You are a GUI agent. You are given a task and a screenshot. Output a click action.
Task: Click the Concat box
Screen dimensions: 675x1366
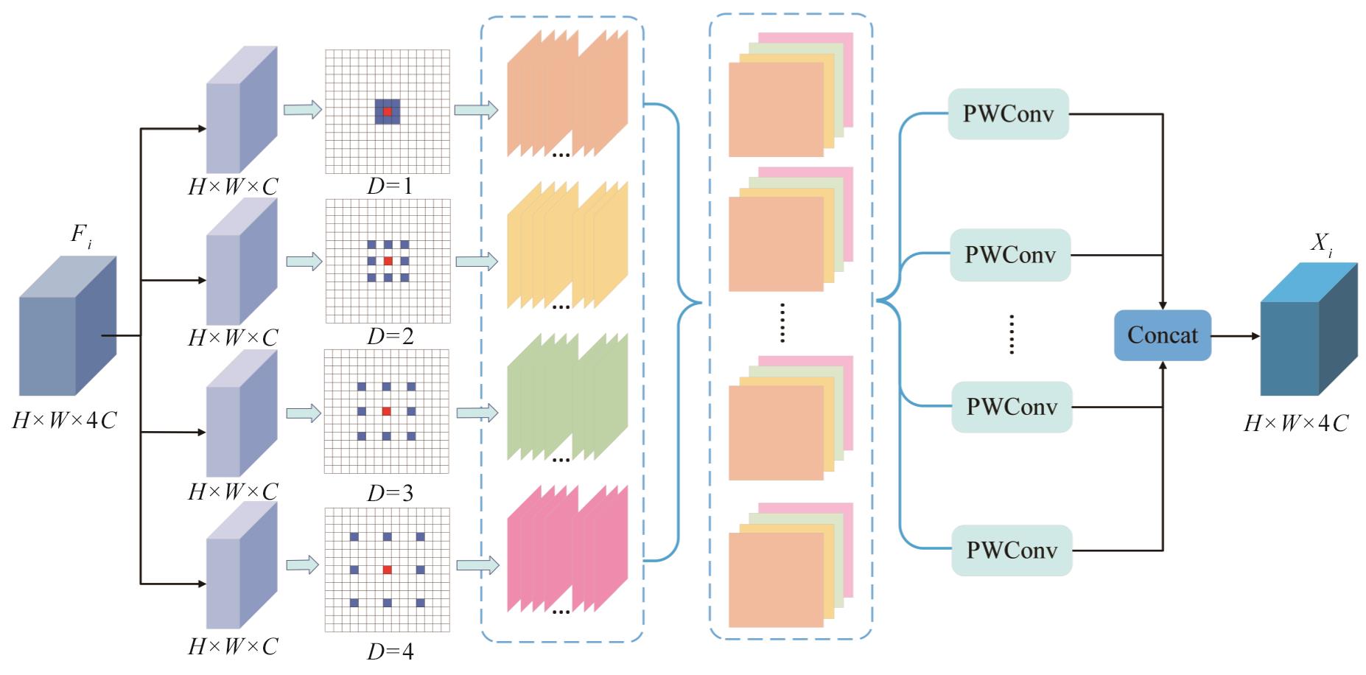coord(1162,335)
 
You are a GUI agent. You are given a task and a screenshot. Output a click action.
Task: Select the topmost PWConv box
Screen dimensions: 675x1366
coord(1008,114)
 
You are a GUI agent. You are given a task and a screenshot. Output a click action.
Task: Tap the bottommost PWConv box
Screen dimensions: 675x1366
coord(1012,550)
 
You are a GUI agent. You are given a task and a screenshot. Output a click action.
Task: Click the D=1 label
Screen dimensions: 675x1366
coord(390,186)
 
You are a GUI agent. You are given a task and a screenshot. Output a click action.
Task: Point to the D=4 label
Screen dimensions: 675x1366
coord(390,651)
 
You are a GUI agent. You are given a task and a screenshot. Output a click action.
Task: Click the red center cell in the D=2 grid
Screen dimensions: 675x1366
coord(388,261)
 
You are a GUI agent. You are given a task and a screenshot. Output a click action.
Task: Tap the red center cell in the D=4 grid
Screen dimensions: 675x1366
coord(387,570)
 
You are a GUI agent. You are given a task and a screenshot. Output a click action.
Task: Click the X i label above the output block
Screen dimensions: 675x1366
coord(1321,242)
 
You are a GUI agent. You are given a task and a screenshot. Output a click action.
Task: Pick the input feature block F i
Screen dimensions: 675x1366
coord(66,328)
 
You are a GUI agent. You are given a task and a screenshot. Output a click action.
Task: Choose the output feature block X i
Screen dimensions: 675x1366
coord(1308,332)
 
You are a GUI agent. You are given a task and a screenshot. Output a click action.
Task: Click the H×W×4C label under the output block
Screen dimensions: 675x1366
coord(1296,423)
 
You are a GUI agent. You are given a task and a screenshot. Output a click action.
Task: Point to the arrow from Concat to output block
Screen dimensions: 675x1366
coord(1235,336)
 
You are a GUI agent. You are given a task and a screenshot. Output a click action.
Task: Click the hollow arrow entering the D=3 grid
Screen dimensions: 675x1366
coord(304,413)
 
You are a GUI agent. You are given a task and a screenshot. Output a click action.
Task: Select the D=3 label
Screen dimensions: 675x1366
coord(390,493)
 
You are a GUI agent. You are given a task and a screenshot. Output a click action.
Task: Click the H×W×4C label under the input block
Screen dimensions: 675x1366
coord(65,421)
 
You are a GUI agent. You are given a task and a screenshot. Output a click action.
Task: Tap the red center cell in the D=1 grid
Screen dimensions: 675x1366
coord(388,111)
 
